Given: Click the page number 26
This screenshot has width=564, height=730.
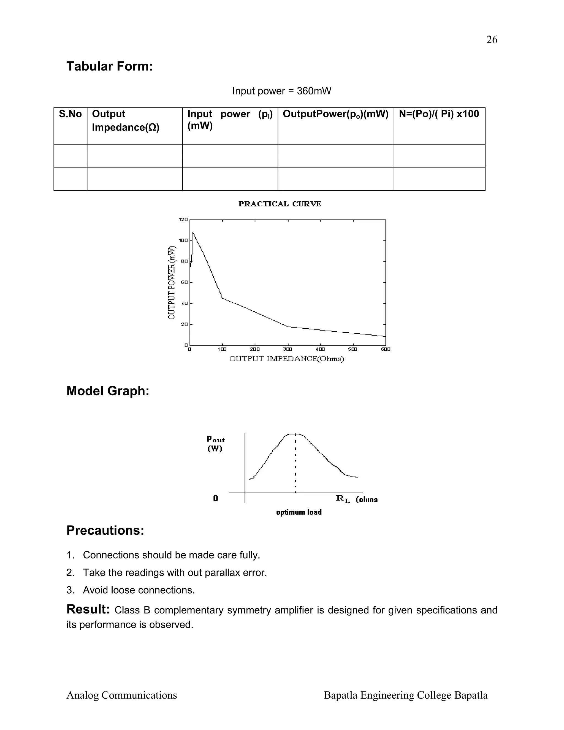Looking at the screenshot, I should point(492,40).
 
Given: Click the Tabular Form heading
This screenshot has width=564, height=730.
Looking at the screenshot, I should point(110,66).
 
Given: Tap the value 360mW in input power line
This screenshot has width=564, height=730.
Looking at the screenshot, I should point(314,91).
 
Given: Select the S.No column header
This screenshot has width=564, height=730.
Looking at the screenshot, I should point(70,114).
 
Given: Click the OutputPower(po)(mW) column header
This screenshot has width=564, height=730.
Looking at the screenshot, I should point(335,114).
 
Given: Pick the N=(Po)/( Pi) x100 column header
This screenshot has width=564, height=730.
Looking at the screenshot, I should point(439,114).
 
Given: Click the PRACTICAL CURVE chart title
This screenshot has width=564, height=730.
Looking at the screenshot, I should point(280,204).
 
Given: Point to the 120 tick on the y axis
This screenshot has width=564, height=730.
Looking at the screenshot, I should point(183,220).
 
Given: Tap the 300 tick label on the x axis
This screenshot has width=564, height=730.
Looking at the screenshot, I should point(287,349).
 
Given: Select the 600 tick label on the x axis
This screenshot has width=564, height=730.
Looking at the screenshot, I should point(386,349).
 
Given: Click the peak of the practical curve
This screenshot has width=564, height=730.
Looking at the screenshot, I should point(193,232).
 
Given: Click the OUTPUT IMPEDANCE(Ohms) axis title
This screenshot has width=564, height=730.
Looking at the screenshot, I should point(286,359).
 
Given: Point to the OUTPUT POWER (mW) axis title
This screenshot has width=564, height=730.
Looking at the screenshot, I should point(171,282).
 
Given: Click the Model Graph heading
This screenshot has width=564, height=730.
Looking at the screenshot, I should point(108,391).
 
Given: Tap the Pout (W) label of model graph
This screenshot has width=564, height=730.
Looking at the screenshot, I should point(216,444).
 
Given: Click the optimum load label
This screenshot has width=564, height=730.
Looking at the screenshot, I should point(299,512).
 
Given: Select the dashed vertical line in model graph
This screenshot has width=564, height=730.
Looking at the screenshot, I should point(295,465).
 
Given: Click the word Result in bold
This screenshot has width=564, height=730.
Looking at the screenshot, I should point(88,609).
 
